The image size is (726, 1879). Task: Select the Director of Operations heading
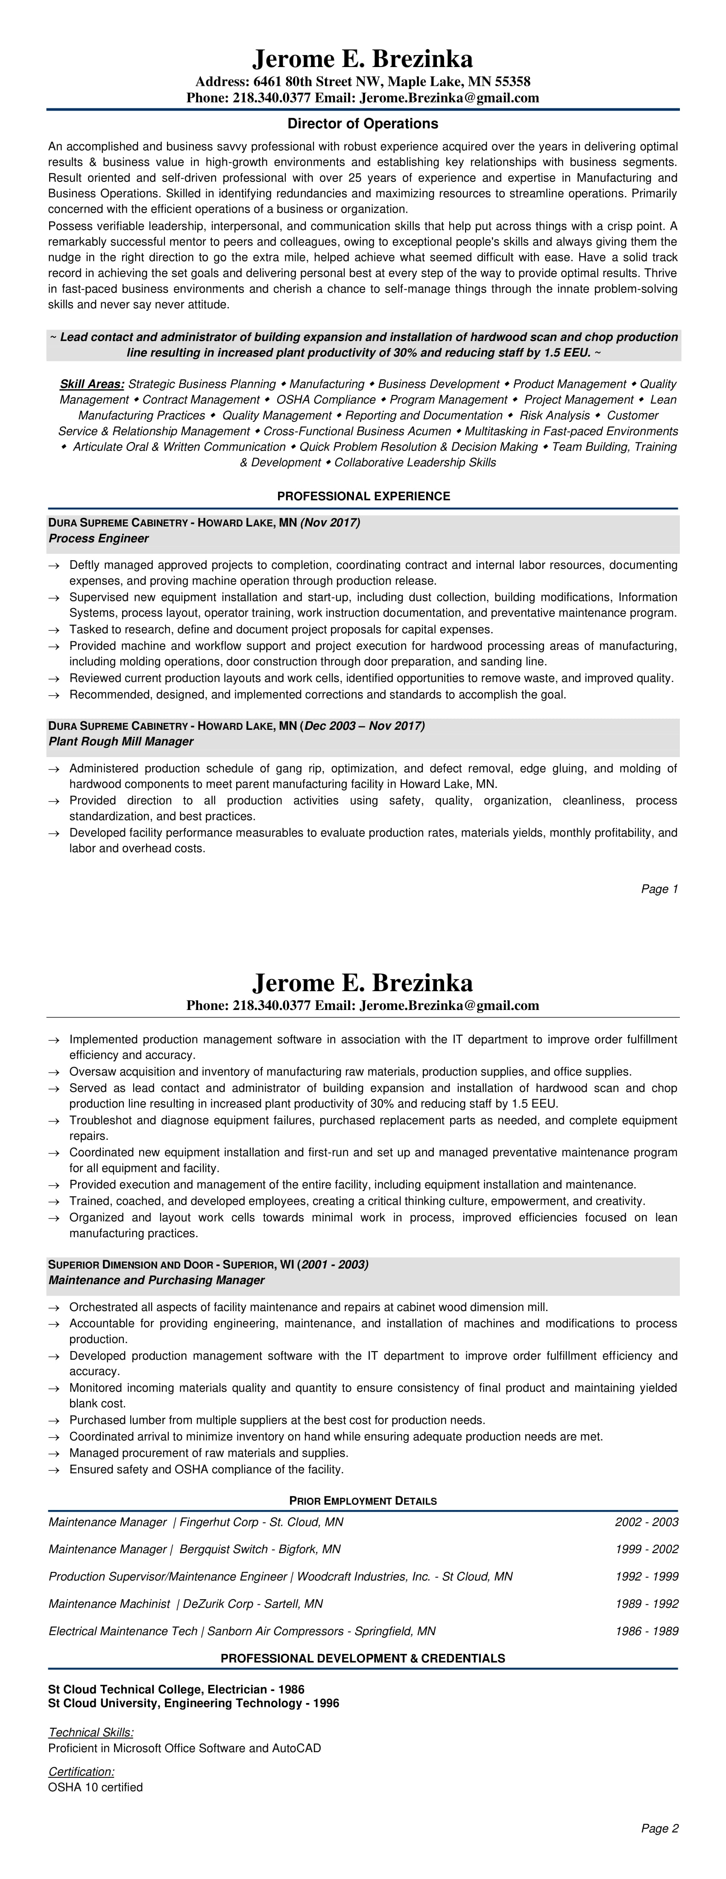363,123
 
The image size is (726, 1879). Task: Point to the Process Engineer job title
99,539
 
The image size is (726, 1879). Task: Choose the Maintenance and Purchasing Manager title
156,1280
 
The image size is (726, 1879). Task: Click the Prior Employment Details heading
363,1501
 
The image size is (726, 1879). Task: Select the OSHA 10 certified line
96,1788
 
